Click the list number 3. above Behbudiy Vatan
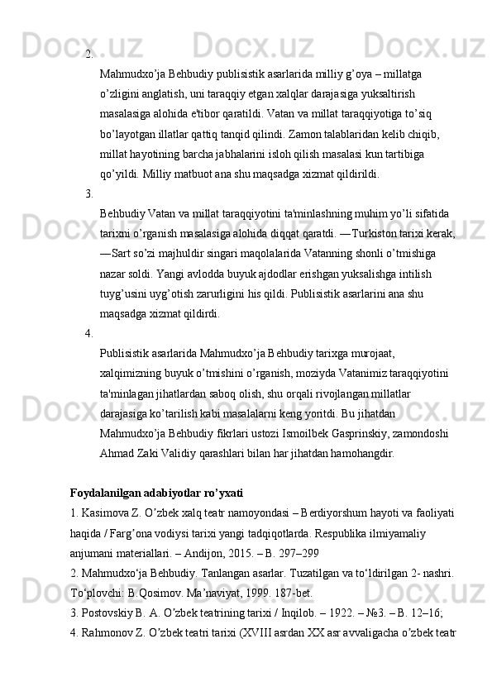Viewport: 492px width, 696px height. pos(88,194)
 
